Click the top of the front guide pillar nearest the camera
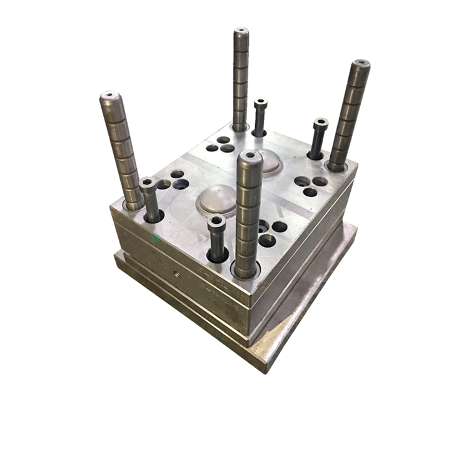click(250, 155)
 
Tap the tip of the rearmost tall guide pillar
click(241, 31)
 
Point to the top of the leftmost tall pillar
click(109, 96)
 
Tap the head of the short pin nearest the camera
click(216, 221)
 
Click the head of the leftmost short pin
click(149, 183)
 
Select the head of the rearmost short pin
click(261, 103)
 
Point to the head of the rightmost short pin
click(321, 123)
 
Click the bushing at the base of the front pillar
click(246, 271)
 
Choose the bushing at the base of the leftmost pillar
click(134, 204)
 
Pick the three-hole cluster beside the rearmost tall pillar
click(221, 145)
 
